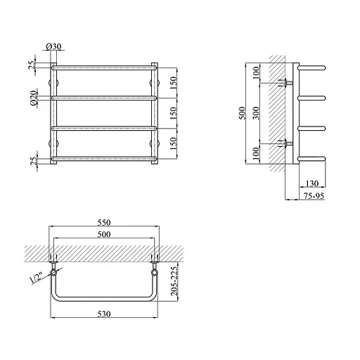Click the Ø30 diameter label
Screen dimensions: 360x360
53,46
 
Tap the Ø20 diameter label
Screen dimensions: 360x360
34,98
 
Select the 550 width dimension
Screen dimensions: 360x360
104,222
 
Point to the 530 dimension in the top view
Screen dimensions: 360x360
104,314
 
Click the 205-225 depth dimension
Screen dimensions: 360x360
174,281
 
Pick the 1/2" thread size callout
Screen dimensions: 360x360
36,278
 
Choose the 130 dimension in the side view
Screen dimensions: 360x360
312,184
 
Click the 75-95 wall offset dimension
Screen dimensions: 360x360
314,195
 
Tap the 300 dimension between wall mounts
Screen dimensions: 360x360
257,113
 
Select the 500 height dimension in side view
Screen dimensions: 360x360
242,113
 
